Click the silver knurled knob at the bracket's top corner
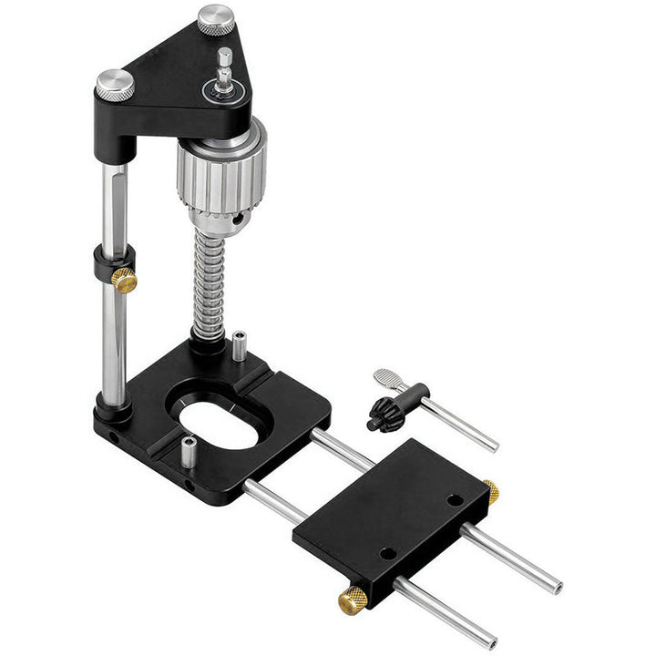pyautogui.click(x=216, y=19)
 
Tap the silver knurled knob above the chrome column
pyautogui.click(x=116, y=84)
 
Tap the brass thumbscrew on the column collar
pyautogui.click(x=124, y=280)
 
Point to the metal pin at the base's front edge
pyautogui.click(x=188, y=452)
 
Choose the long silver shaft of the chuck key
pyautogui.click(x=460, y=425)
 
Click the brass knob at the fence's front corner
pyautogui.click(x=353, y=600)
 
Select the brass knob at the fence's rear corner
pyautogui.click(x=491, y=492)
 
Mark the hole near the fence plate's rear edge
pyautogui.click(x=454, y=499)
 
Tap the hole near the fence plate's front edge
pyautogui.click(x=387, y=552)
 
